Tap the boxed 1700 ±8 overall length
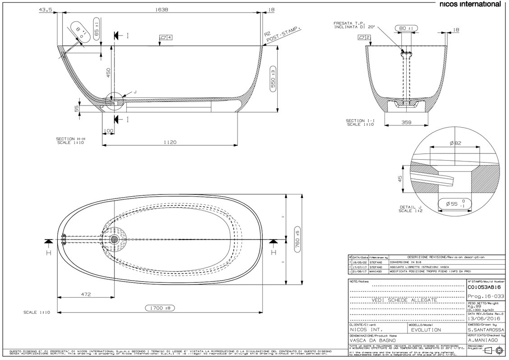(x=160, y=308)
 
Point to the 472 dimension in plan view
(x=86, y=294)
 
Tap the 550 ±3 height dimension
(x=273, y=78)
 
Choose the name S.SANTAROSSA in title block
(x=483, y=330)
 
